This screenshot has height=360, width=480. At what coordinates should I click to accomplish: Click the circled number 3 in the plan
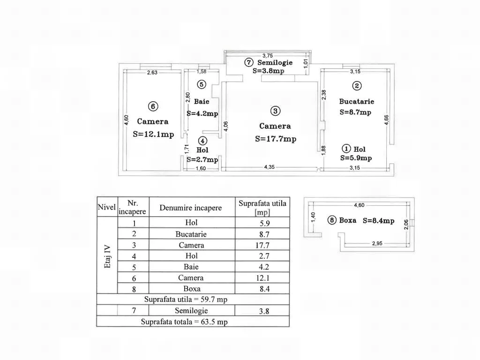[x=275, y=111]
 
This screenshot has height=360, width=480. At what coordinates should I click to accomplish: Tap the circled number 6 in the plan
[x=153, y=106]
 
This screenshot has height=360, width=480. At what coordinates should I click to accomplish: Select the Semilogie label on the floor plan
[x=275, y=62]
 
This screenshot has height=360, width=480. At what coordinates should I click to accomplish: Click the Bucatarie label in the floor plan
[x=357, y=101]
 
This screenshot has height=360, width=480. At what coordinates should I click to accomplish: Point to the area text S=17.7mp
[x=276, y=139]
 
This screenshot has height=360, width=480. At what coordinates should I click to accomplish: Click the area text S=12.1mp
[x=153, y=134]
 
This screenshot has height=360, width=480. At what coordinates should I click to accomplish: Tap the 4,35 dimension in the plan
[x=270, y=167]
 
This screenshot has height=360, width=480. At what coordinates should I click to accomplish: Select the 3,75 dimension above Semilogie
[x=268, y=56]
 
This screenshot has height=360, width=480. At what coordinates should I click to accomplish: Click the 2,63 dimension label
[x=152, y=73]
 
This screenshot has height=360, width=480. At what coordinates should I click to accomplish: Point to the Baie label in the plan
[x=202, y=101]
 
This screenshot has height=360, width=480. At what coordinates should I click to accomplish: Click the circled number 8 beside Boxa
[x=332, y=220]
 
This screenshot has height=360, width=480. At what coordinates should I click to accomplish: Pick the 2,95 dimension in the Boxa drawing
[x=377, y=244]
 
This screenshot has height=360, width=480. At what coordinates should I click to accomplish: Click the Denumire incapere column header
[x=190, y=208]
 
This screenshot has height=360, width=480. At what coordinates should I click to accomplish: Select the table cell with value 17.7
[x=262, y=245]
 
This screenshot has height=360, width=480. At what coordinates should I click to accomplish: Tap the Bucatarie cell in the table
[x=191, y=234]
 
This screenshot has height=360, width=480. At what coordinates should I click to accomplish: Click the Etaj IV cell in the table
[x=107, y=256]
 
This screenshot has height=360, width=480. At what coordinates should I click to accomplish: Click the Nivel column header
[x=107, y=207]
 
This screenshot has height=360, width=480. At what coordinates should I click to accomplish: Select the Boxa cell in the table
[x=192, y=289]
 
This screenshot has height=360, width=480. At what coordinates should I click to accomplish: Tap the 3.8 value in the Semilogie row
[x=264, y=311]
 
